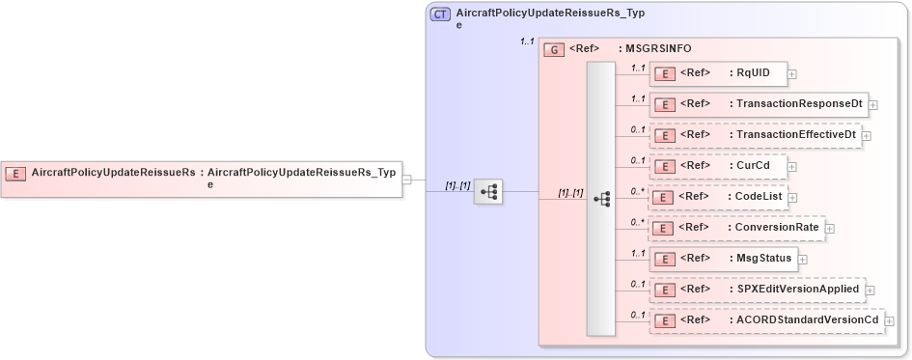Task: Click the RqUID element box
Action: tap(718, 72)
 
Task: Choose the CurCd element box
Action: tap(718, 166)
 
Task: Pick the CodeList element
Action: tap(720, 197)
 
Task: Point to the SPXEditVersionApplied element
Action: tap(757, 289)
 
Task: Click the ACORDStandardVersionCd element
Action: tap(767, 320)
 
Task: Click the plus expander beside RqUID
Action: tap(791, 73)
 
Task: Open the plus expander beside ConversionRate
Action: tap(829, 229)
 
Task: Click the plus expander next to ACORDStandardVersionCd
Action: tap(890, 320)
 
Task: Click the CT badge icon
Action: tap(440, 15)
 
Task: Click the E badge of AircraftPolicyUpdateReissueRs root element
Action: tap(15, 173)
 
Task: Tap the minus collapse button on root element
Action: tap(407, 179)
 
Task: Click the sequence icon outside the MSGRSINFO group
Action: tap(488, 191)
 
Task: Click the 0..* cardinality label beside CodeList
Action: tap(637, 191)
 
